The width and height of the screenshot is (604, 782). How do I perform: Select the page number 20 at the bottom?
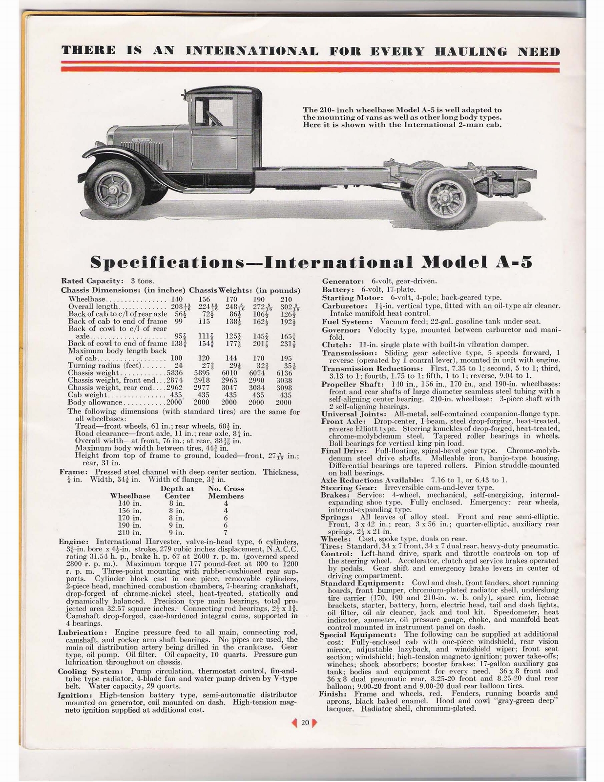(x=305, y=722)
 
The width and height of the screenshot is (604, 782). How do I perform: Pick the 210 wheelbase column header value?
(x=286, y=299)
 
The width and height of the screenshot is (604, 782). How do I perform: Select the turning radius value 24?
(x=178, y=366)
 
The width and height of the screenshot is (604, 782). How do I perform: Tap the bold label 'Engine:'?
(x=74, y=542)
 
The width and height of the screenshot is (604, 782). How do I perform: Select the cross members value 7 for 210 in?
(x=226, y=532)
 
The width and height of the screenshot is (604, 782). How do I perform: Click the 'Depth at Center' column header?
(x=177, y=492)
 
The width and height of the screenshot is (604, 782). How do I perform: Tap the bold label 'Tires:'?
(x=332, y=546)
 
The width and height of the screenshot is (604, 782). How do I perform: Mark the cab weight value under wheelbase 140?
(x=175, y=395)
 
